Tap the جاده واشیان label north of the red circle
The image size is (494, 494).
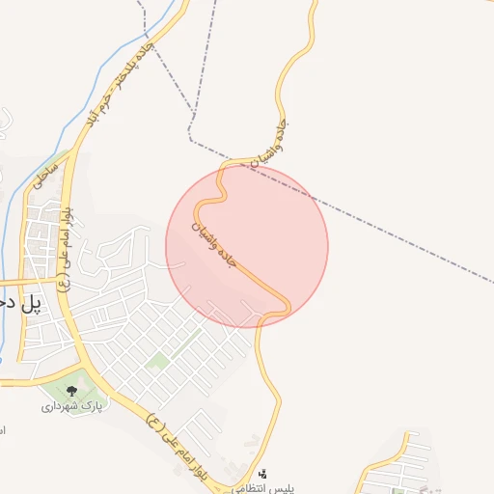tap(270, 144)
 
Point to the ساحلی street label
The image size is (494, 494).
tap(45, 174)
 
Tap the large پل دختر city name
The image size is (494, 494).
tap(21, 303)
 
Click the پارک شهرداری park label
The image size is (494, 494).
tap(72, 406)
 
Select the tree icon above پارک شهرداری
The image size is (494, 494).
tap(72, 391)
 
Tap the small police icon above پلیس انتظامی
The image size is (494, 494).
tap(262, 474)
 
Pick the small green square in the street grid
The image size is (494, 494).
tap(159, 359)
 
